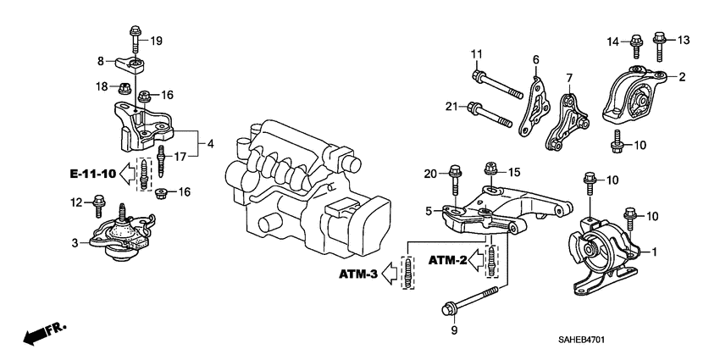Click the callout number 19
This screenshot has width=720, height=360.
tap(156, 41)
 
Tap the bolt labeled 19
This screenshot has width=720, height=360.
tap(136, 39)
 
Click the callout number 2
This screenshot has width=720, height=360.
tap(681, 77)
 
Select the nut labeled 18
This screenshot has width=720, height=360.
tap(123, 87)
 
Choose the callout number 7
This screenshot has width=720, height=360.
tap(570, 78)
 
